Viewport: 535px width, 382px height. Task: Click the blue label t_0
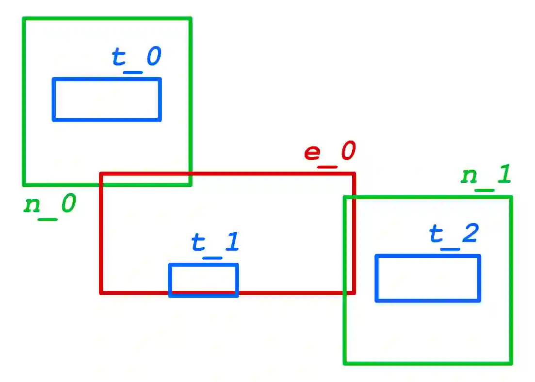pos(136,58)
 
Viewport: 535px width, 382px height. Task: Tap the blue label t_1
pos(215,242)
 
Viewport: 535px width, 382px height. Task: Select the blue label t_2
pos(454,235)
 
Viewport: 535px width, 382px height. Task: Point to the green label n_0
pos(49,205)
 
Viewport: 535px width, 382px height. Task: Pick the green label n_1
pos(486,176)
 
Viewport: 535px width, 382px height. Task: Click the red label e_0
pos(330,152)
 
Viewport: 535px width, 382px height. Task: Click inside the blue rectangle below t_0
pos(107,99)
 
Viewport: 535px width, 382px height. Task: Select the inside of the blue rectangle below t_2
pos(428,278)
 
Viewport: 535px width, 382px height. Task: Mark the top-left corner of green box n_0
pos(24,19)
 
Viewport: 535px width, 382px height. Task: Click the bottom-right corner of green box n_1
pos(511,363)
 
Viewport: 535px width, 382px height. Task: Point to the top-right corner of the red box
pos(354,174)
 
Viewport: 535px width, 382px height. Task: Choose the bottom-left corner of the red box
pos(101,292)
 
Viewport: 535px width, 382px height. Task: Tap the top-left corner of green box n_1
pos(344,197)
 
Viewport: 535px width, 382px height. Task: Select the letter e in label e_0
pos(313,152)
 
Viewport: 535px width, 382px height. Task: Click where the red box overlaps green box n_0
pos(146,179)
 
